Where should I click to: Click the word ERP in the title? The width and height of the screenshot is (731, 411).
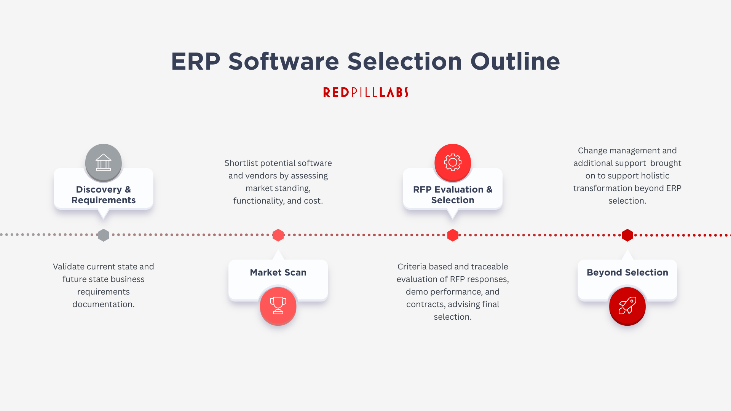[x=196, y=62]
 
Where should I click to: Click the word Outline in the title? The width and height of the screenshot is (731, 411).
[x=515, y=62]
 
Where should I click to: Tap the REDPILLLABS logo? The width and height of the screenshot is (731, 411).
[x=365, y=92]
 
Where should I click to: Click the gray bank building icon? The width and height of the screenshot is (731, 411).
[x=104, y=162]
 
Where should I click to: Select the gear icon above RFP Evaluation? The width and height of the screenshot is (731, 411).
[x=453, y=162]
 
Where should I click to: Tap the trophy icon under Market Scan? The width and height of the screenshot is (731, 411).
[x=278, y=306]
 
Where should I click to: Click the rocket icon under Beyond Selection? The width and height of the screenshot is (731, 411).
[x=627, y=306]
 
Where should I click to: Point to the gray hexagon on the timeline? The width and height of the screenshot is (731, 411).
[x=103, y=235]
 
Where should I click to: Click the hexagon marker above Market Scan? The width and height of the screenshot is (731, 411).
[x=278, y=235]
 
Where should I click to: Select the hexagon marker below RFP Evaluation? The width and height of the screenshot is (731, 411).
[x=453, y=235]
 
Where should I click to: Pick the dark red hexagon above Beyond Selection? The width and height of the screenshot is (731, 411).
[x=627, y=235]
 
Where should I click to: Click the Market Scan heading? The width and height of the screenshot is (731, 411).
[x=278, y=272]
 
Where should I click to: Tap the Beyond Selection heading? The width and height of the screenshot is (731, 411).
[x=627, y=272]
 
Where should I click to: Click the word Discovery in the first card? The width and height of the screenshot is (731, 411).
[x=99, y=190]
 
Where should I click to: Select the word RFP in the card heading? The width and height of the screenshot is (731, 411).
[x=422, y=190]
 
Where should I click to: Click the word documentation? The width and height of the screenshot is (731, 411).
[x=103, y=304]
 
